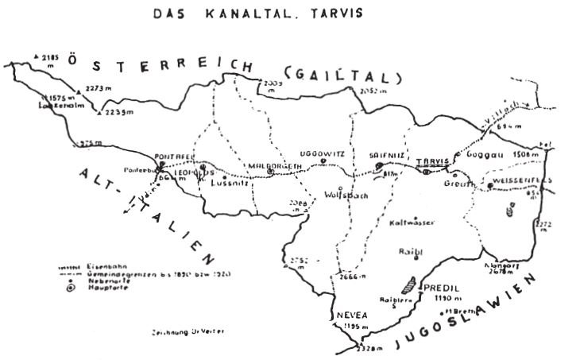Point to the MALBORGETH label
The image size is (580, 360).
click(274, 165)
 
